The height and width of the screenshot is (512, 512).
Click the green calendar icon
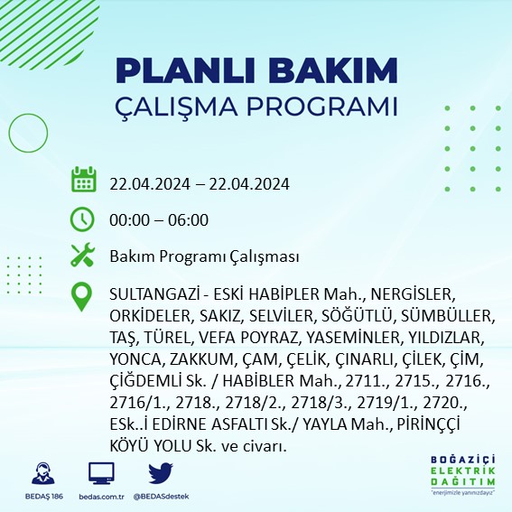(83, 180)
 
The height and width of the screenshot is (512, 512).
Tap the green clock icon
(83, 219)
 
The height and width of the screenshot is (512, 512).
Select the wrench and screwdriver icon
(83, 256)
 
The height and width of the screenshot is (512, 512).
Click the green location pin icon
(83, 297)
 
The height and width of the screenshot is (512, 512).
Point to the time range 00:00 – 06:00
(158, 219)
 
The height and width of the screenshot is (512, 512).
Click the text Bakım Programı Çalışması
(204, 256)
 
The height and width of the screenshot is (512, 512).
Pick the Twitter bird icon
(161, 473)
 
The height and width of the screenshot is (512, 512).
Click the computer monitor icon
(101, 473)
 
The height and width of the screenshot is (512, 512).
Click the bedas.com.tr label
(101, 496)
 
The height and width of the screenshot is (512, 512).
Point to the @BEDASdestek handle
(161, 496)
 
